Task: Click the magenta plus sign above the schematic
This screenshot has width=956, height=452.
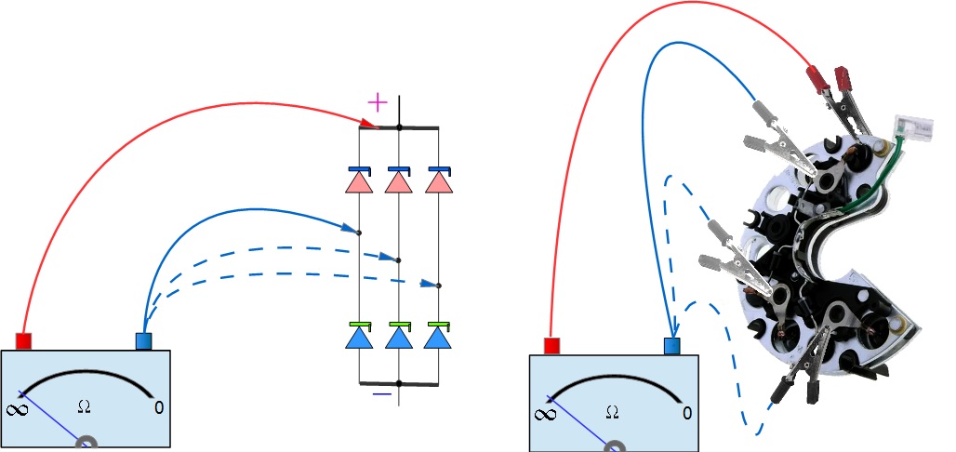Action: (377, 100)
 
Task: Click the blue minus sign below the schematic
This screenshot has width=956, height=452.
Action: (382, 393)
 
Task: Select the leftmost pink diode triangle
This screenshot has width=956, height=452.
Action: (359, 183)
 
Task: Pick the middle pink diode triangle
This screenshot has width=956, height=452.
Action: (398, 183)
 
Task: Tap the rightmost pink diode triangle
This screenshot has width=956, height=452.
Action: (438, 183)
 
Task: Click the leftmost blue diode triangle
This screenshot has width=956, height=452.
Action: (359, 338)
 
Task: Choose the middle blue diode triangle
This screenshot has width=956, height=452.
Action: (398, 338)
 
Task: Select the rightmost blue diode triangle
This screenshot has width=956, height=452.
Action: (438, 338)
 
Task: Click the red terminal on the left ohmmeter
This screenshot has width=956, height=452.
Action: (24, 341)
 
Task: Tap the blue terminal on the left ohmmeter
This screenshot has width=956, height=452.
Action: (144, 341)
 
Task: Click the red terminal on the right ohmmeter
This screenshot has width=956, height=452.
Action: (551, 346)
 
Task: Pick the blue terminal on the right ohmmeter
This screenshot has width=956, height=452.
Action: (672, 346)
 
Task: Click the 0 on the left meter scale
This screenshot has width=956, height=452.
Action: (159, 407)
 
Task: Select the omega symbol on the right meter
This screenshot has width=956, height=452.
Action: (611, 411)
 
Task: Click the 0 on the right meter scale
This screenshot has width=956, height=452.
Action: (687, 412)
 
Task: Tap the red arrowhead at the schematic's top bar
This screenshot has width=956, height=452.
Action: (367, 124)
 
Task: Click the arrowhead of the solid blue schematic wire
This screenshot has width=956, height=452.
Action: (349, 227)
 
